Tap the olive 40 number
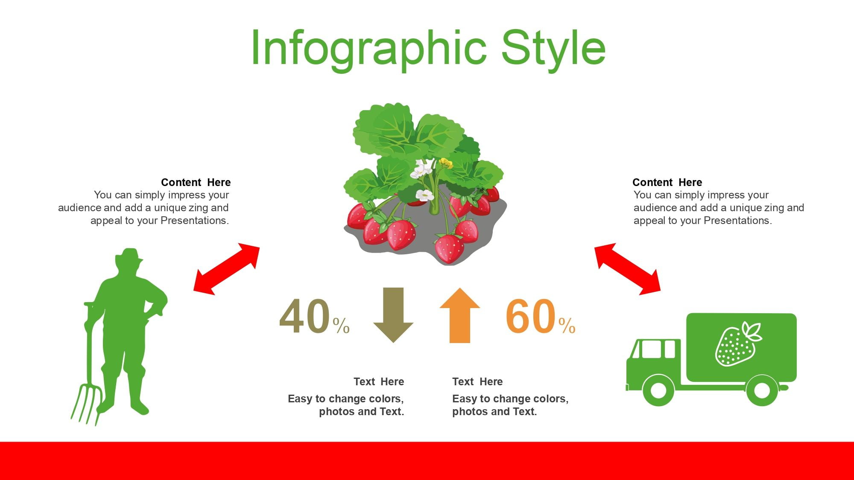tap(305, 316)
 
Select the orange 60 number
tap(531, 316)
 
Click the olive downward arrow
tap(393, 315)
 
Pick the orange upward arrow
tap(460, 315)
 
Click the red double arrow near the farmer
tap(227, 269)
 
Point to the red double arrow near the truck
tap(627, 269)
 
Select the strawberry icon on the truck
tap(738, 344)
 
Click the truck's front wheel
tap(658, 390)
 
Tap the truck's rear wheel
tap(762, 390)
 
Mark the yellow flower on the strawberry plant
tap(446, 163)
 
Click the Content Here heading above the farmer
tap(196, 182)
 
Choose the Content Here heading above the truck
tap(667, 182)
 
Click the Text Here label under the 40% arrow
tap(379, 381)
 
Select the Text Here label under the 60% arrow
tap(477, 381)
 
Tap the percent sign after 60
tap(567, 326)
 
